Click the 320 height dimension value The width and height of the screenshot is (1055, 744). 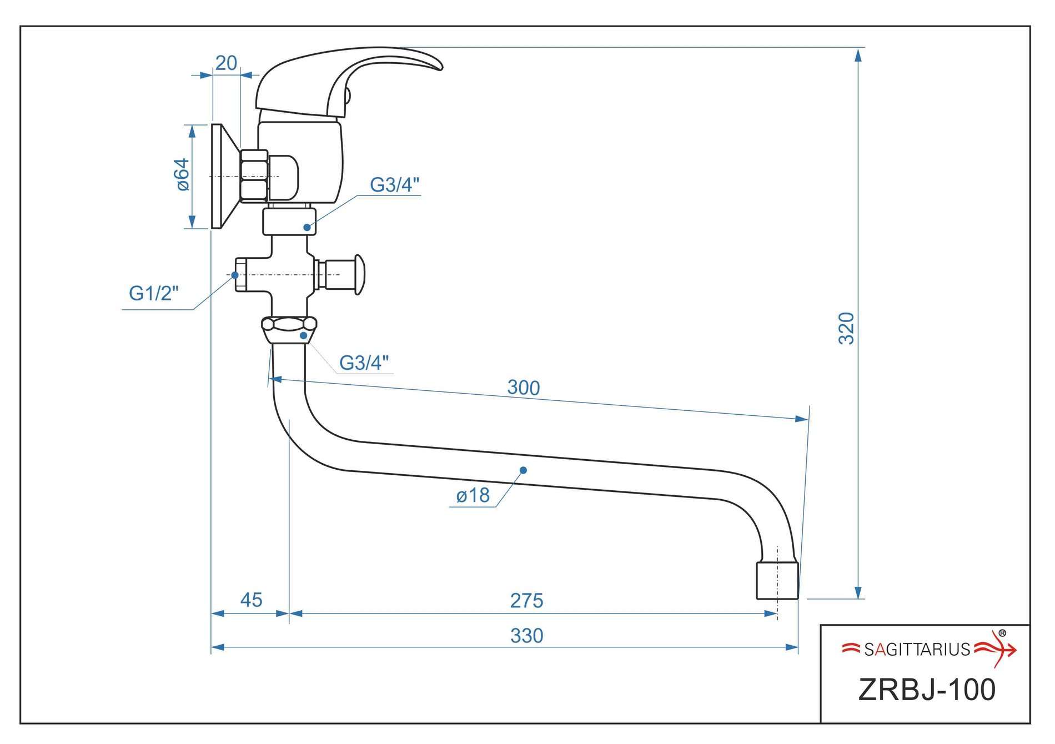coord(846,328)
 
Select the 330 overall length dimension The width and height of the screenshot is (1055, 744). coord(526,635)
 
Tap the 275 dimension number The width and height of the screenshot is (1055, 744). coord(526,600)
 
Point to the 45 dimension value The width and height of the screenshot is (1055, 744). coord(251,600)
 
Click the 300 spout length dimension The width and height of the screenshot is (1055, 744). coord(523,388)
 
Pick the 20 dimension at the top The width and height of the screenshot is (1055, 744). coord(226,63)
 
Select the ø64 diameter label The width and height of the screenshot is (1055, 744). coord(182,175)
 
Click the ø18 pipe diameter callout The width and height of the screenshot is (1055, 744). coord(473,495)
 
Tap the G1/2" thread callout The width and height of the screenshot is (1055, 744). coord(154,293)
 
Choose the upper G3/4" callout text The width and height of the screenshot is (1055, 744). coord(395,185)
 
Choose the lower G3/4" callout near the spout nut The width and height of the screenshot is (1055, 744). coord(364,363)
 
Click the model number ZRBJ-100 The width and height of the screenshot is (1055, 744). coord(927,690)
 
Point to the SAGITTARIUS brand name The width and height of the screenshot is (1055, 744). coord(917,649)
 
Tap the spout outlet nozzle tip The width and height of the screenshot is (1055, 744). coord(777,581)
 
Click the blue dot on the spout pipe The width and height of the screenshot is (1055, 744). coord(523,470)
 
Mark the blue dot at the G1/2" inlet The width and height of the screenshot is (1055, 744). coord(235,275)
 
